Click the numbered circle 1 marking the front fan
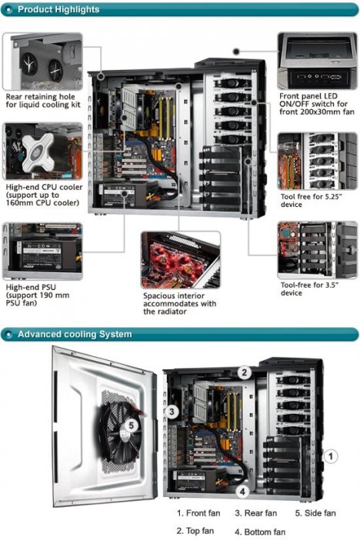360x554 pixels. point(330,456)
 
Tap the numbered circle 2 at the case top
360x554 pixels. point(244,372)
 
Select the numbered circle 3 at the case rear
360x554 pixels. point(172,411)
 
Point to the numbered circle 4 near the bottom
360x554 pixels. point(242,492)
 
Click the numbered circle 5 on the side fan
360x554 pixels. point(132,426)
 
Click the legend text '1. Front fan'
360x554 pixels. point(198,513)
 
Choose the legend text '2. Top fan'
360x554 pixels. point(195,531)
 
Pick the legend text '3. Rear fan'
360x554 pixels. point(256,513)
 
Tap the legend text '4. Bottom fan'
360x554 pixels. point(260,532)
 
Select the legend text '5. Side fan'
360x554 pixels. point(315,513)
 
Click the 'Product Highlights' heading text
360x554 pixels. point(58,9)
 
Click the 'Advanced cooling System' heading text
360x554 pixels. point(75,334)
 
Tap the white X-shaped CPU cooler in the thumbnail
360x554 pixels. point(38,152)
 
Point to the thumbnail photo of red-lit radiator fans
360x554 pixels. point(181,260)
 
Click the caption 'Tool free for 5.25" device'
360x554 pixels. point(312,200)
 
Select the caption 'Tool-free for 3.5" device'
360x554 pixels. point(309,289)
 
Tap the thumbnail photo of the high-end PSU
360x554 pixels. point(42,251)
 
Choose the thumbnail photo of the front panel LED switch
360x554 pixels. point(317,61)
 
